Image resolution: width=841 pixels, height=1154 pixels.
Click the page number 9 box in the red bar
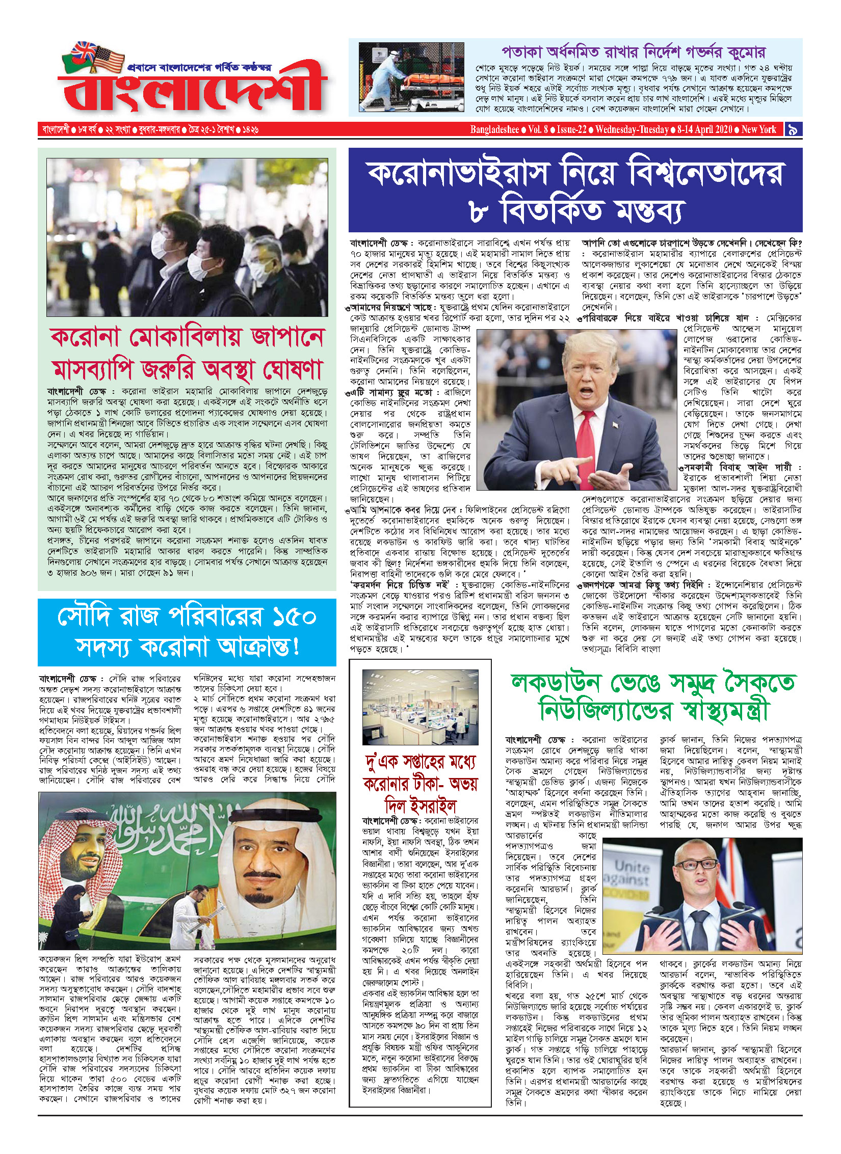(793, 129)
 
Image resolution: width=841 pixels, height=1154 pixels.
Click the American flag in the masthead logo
(109, 58)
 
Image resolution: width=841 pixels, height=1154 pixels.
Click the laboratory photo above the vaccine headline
(420, 707)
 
